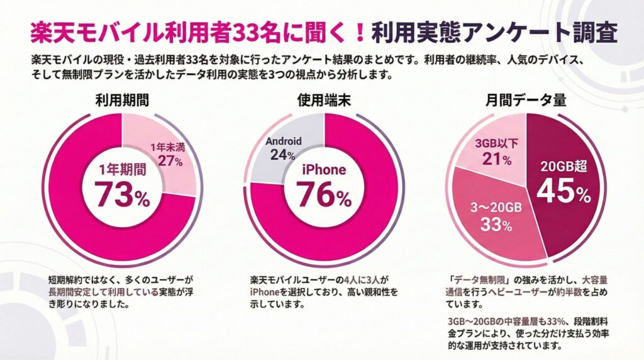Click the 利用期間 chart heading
coord(121,100)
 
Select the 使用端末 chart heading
coord(323,100)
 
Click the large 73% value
coord(122,195)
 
